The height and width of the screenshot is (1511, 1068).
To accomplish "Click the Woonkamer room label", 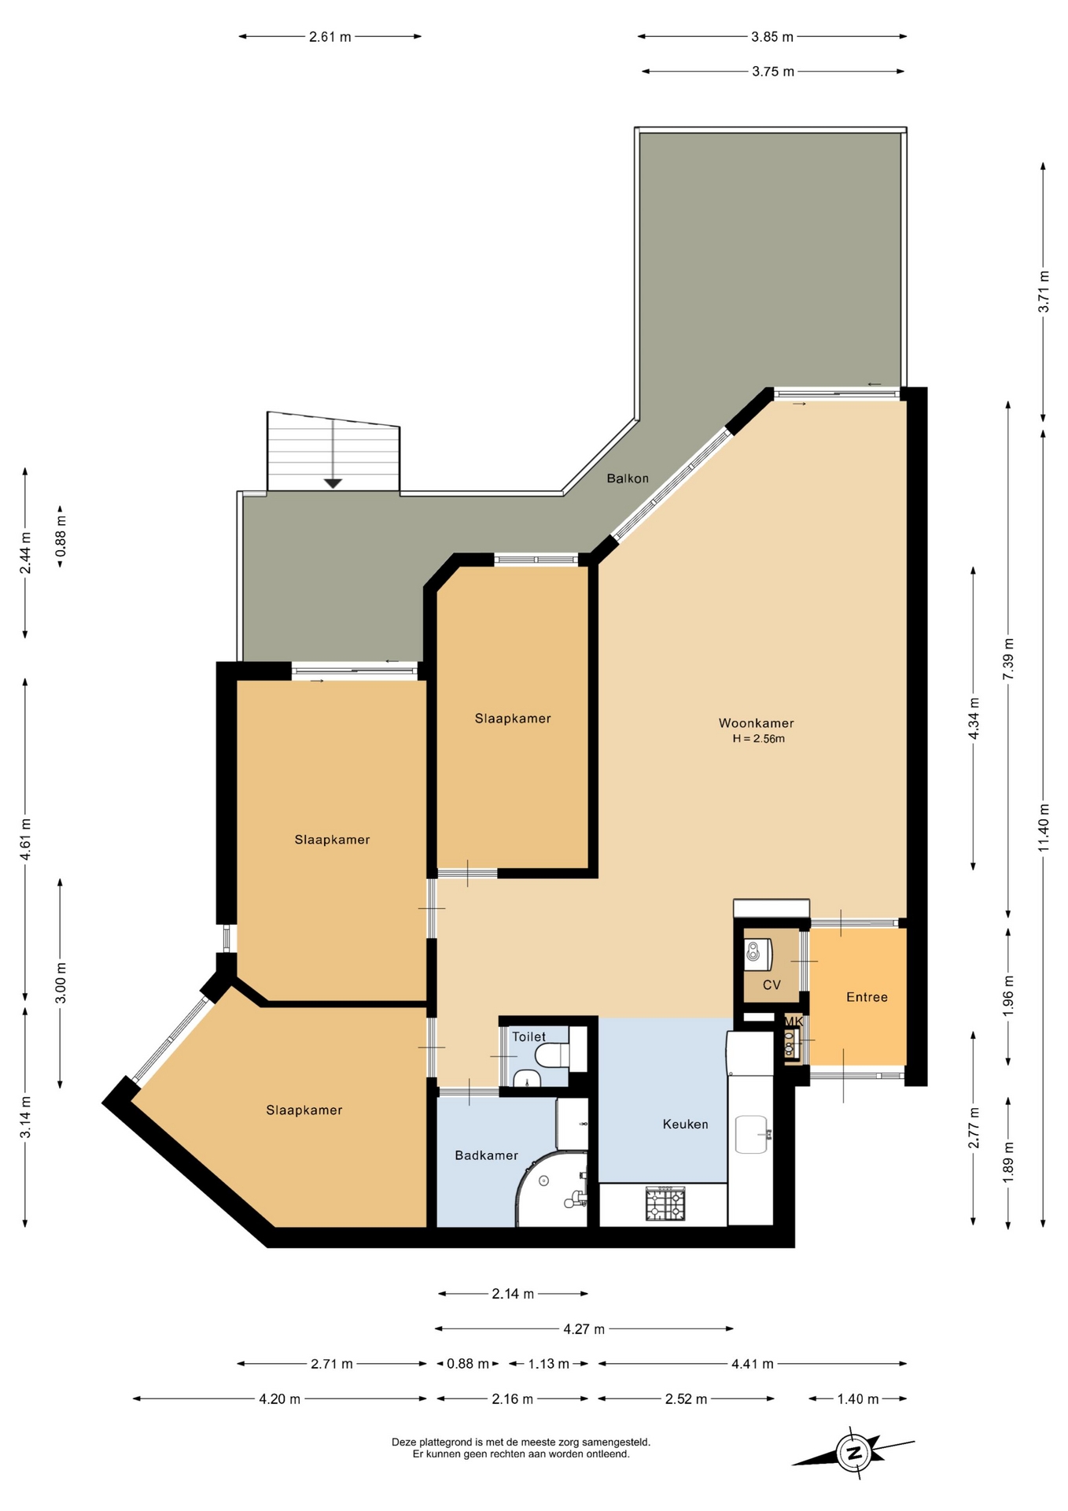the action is [756, 723].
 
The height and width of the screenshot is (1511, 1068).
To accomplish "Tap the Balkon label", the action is [628, 478].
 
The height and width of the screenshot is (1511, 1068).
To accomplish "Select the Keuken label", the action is [685, 1124].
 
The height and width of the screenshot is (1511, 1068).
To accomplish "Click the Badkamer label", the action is [486, 1155].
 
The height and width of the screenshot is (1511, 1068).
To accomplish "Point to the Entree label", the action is [867, 997].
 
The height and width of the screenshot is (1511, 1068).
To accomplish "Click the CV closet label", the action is [772, 985].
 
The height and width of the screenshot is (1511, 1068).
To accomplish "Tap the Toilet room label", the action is [528, 1036].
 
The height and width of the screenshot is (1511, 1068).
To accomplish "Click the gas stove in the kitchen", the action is [665, 1204].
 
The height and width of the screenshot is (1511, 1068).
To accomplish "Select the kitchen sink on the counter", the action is [751, 1134].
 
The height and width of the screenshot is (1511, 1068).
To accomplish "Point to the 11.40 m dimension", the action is [1044, 827].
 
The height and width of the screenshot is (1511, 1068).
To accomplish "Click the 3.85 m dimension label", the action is [772, 36].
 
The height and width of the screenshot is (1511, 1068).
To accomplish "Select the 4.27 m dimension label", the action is [584, 1329].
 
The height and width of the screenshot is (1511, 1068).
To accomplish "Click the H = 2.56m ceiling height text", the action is [759, 739].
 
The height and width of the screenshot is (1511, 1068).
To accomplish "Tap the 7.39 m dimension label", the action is [1008, 659].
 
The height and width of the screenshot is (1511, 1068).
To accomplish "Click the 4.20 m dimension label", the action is [279, 1399].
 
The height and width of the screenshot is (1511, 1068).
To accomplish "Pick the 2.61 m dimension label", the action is [330, 36].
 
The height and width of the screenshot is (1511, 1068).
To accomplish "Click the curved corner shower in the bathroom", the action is [551, 1189].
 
